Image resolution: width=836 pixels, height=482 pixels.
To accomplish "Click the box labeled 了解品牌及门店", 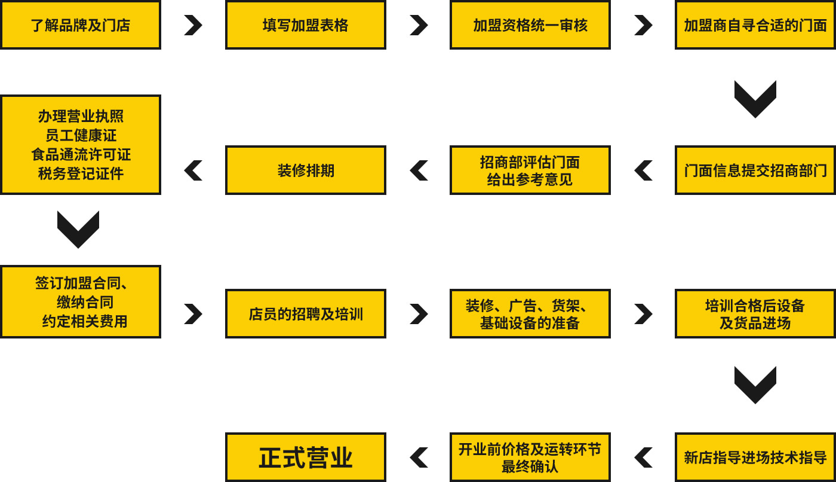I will click(81, 25).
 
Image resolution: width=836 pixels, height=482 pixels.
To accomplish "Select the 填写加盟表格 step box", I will click(305, 25).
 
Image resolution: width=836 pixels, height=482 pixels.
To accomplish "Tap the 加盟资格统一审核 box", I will click(530, 25).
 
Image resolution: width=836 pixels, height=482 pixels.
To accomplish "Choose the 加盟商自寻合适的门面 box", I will click(755, 25).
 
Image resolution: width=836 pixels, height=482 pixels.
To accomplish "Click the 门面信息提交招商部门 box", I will click(755, 170).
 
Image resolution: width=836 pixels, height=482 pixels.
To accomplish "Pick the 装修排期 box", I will click(305, 170).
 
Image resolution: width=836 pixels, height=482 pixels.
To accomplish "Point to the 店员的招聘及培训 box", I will click(305, 314).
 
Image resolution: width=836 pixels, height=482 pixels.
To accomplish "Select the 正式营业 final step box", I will click(305, 457).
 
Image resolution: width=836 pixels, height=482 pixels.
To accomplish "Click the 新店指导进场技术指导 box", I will click(755, 457).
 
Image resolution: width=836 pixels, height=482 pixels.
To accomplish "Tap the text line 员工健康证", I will click(81, 136).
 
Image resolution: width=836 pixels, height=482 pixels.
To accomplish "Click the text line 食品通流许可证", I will click(81, 155).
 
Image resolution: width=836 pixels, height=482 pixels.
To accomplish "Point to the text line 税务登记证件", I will click(81, 174).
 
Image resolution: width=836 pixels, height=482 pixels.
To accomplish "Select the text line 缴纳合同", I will click(85, 302).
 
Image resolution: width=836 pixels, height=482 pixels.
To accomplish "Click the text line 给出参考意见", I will click(530, 179).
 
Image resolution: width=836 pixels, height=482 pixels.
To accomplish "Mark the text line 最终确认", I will click(530, 466).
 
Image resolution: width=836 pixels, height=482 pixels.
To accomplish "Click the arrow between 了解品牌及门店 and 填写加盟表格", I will click(193, 25).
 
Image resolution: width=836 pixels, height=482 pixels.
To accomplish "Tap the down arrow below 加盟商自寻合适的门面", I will click(755, 99).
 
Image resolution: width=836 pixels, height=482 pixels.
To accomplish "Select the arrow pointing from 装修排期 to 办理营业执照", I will click(193, 170).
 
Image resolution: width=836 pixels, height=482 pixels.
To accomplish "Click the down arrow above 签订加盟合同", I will click(78, 229).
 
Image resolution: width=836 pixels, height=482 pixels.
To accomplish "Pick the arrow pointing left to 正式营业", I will click(419, 457).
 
